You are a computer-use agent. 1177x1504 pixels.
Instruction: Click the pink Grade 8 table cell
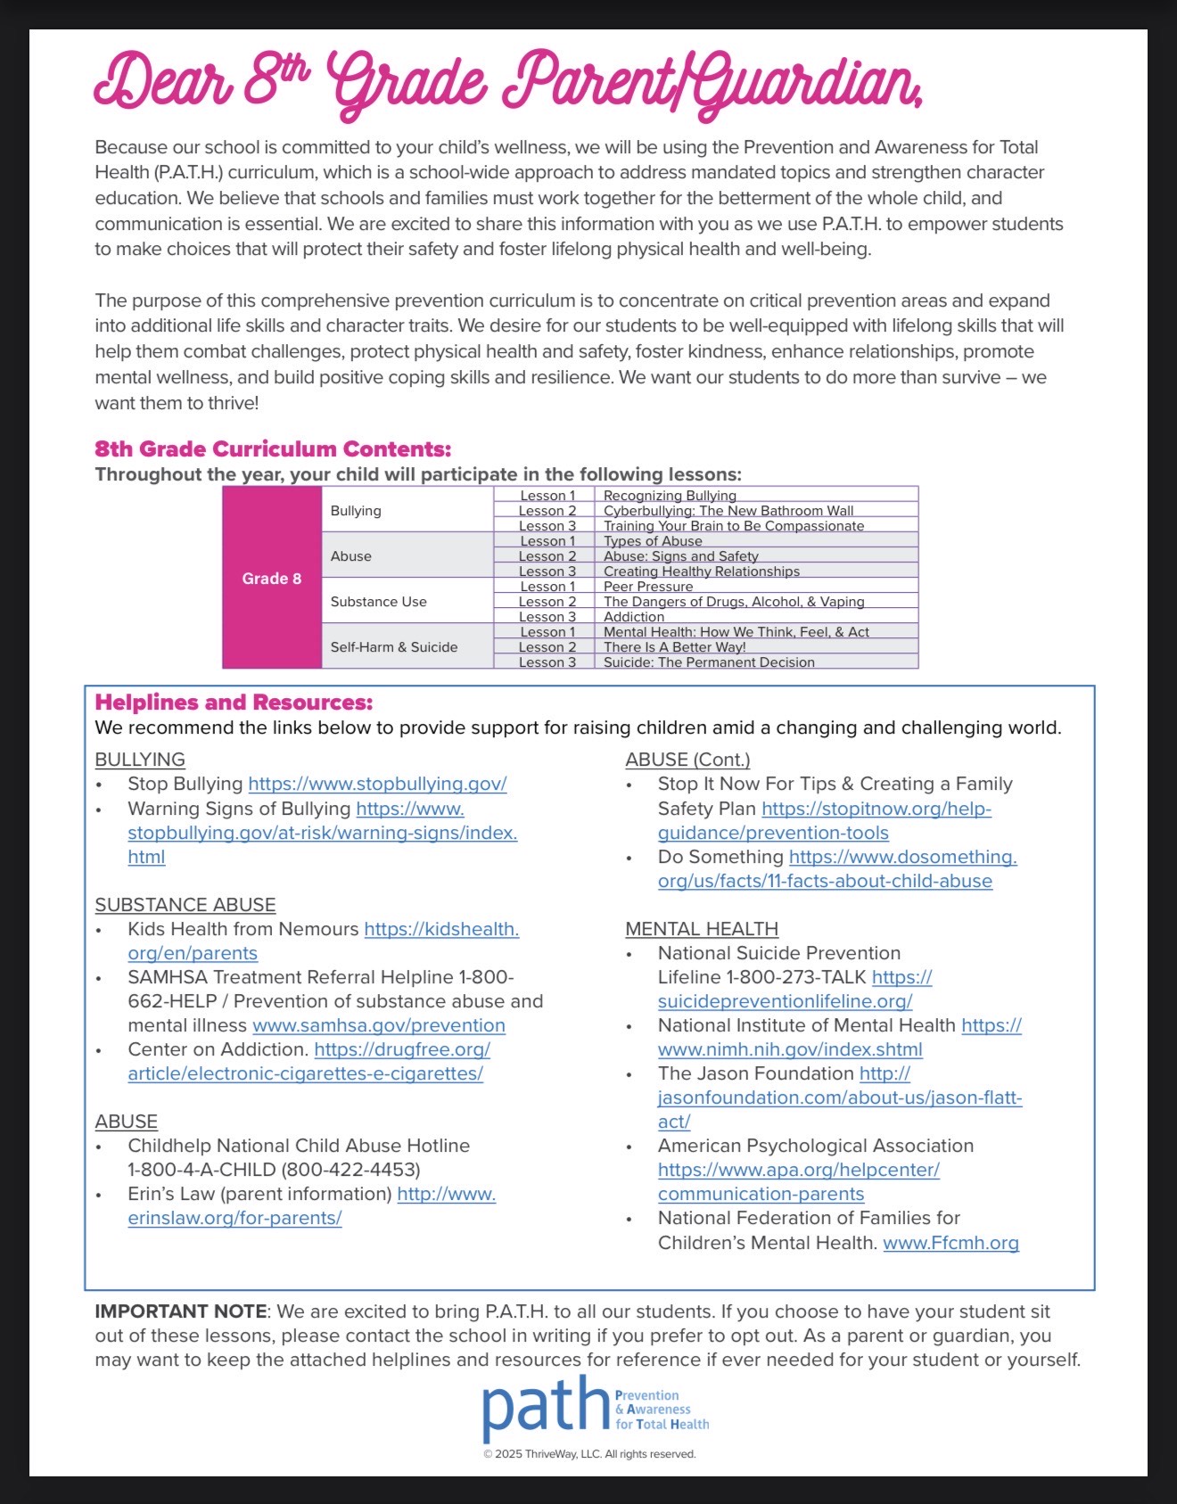[272, 578]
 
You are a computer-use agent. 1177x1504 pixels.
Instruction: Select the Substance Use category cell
[378, 602]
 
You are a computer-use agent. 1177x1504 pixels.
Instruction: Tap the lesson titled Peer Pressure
[648, 587]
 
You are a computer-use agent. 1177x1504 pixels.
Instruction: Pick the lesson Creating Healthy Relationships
[701, 571]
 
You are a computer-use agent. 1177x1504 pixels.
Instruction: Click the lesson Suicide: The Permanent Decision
[709, 662]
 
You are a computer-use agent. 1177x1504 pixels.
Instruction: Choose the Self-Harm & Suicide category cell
[393, 647]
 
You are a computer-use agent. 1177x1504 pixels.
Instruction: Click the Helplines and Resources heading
[234, 703]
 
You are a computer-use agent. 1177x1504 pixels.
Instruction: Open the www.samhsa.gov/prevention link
[379, 1025]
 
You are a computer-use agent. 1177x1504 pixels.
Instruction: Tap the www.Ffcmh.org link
[951, 1243]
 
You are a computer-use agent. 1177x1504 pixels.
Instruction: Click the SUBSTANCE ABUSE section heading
[185, 905]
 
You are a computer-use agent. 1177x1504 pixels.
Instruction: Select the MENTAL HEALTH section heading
[702, 929]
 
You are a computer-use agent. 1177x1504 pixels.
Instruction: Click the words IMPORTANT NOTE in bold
[180, 1311]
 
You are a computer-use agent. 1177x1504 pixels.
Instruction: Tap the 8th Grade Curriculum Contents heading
[273, 448]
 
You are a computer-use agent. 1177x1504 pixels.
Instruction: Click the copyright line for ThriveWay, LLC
[589, 1454]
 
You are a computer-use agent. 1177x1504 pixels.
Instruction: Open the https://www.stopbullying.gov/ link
[377, 784]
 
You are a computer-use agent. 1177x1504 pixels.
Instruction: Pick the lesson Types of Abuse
[653, 541]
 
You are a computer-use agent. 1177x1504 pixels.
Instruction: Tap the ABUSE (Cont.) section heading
[687, 760]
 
